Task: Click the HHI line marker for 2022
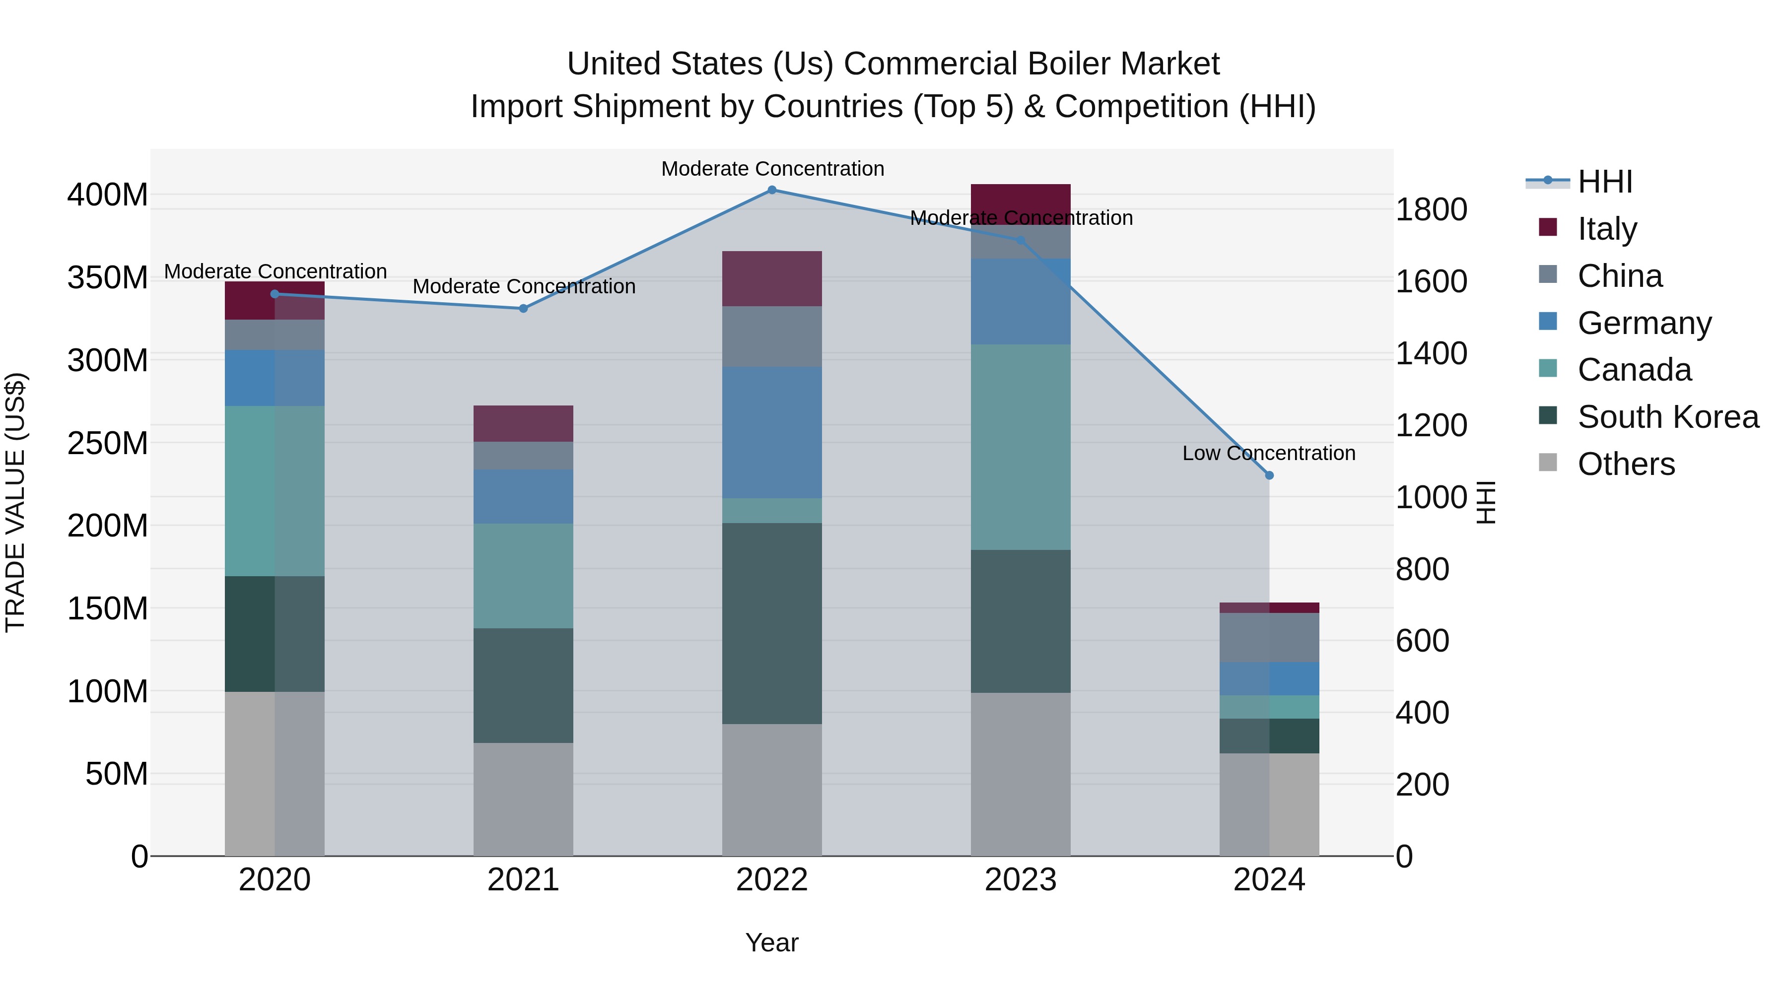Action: coord(771,190)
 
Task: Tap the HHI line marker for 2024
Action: coord(1269,476)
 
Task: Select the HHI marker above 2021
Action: coord(523,309)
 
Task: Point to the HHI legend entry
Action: coord(1604,182)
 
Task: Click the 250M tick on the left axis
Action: coord(108,443)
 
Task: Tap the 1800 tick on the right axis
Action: coord(1431,209)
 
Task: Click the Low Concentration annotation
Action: coord(1268,454)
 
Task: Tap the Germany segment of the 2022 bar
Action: coord(771,432)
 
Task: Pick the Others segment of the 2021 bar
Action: coord(523,799)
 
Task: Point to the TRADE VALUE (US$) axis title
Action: coord(15,502)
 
